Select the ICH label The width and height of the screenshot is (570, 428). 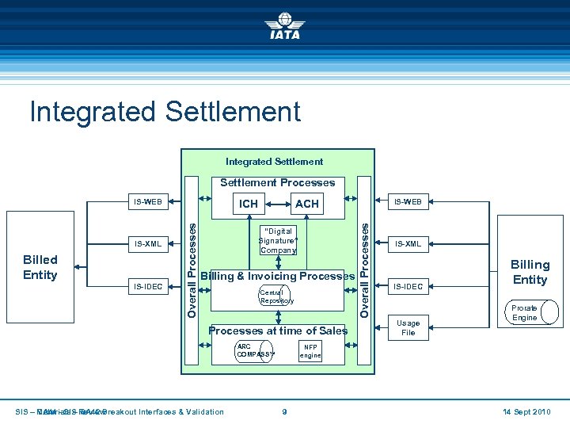tap(249, 204)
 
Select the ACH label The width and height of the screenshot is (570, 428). tap(306, 204)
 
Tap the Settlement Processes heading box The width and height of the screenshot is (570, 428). tap(277, 182)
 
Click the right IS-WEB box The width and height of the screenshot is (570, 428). tap(408, 202)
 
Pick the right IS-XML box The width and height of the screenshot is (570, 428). tap(408, 244)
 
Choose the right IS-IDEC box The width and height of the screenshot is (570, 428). tap(408, 286)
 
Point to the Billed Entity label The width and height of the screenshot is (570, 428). tap(40, 267)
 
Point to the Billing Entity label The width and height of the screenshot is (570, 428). tap(530, 272)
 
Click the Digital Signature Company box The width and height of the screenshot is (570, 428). tap(277, 239)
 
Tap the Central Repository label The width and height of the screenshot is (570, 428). tap(276, 296)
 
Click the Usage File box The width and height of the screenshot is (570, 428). tap(408, 327)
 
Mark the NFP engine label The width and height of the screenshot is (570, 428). tap(310, 351)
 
